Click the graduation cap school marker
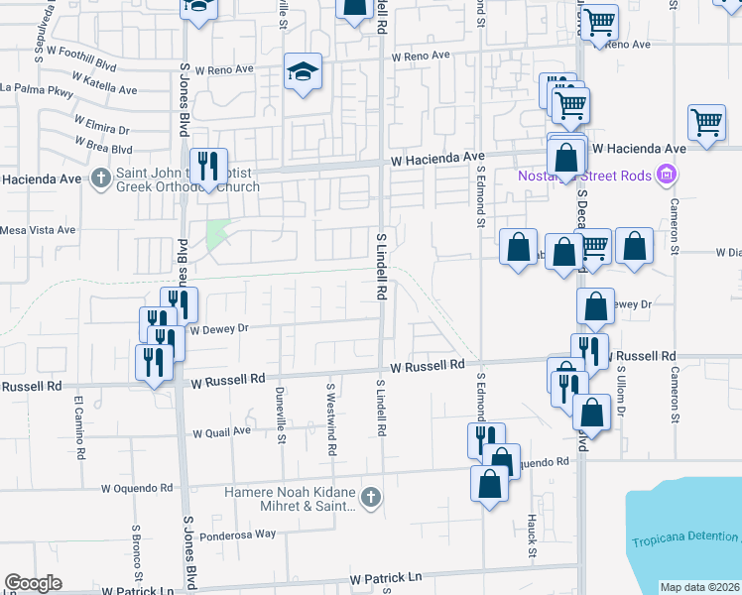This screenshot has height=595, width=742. click(x=304, y=71)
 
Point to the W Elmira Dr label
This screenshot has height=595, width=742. click(x=101, y=130)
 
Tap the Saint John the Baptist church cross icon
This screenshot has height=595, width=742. click(x=100, y=179)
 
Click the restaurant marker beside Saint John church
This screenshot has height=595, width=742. click(x=208, y=165)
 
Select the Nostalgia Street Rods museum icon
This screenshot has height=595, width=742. click(x=667, y=176)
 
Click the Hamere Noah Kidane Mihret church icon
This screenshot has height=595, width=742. click(x=371, y=497)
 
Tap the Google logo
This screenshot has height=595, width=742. click(x=33, y=583)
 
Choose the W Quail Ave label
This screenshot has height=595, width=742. click(x=221, y=432)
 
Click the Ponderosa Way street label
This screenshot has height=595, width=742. click(x=237, y=534)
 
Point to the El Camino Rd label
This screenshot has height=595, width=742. click(x=77, y=417)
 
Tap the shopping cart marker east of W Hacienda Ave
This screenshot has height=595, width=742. click(x=707, y=124)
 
